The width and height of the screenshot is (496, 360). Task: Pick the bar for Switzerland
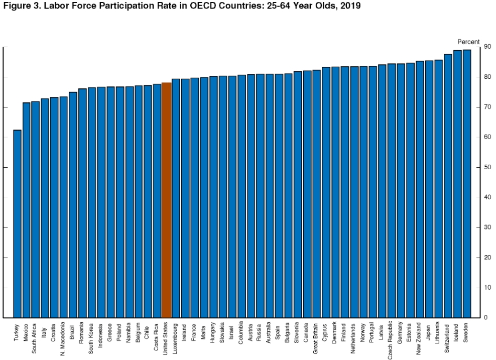pyautogui.click(x=448, y=186)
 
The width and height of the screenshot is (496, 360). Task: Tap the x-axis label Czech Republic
pyautogui.click(x=392, y=339)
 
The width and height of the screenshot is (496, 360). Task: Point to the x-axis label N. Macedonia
pyautogui.click(x=64, y=339)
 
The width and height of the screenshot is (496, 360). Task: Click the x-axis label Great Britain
pyautogui.click(x=316, y=338)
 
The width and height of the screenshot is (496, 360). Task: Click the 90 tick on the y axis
pyautogui.click(x=486, y=47)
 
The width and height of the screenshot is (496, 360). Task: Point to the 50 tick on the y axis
pyautogui.click(x=486, y=167)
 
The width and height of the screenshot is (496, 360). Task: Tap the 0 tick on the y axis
pyautogui.click(x=484, y=318)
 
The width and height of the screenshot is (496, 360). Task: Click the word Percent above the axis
pyautogui.click(x=468, y=42)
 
